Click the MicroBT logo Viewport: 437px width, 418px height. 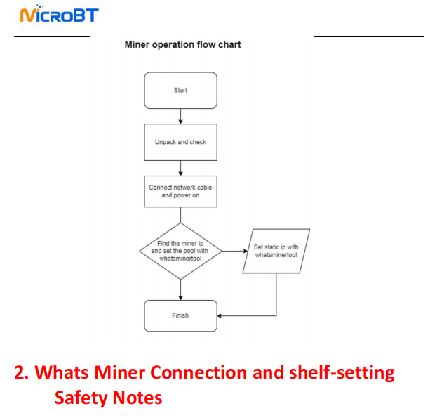59,15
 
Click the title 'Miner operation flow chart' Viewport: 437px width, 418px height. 182,45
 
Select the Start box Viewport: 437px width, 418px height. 180,90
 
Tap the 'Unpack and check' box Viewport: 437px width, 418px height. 180,142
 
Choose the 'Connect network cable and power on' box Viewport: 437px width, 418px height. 180,191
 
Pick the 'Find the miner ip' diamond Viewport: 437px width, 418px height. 180,251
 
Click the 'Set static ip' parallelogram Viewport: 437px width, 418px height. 276,251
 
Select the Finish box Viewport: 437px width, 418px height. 180,315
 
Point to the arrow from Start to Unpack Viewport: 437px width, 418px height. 181,116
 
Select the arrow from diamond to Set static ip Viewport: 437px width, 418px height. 233,251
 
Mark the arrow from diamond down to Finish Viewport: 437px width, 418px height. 181,289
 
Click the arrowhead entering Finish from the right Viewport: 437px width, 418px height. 220,315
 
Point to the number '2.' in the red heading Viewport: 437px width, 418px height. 22,372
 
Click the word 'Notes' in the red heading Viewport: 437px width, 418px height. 140,398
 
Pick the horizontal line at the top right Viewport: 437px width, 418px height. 368,36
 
